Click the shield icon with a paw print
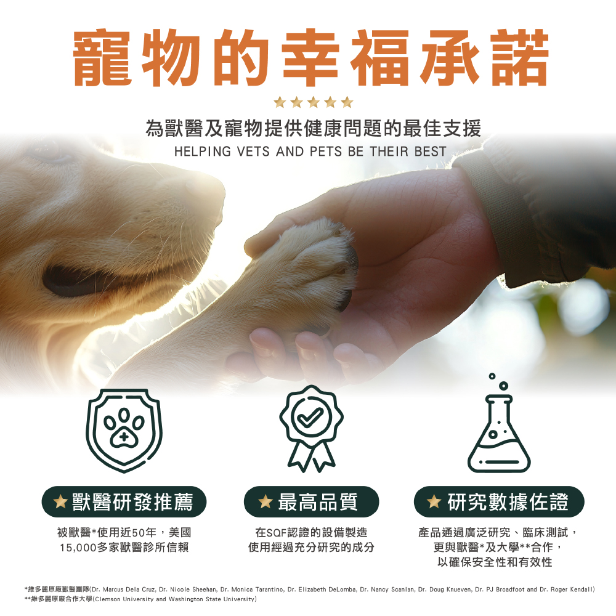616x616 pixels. (x=124, y=430)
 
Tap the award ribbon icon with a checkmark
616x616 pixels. (x=311, y=428)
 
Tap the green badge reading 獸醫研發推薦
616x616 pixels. (x=124, y=501)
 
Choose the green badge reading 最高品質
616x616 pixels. (x=311, y=501)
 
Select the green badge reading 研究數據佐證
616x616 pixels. (x=499, y=501)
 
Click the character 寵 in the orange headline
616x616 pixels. (x=102, y=57)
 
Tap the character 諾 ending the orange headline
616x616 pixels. (x=520, y=57)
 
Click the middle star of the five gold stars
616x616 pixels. (x=313, y=102)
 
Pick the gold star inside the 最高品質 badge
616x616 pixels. (x=265, y=501)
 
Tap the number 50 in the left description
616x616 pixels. (x=139, y=533)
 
